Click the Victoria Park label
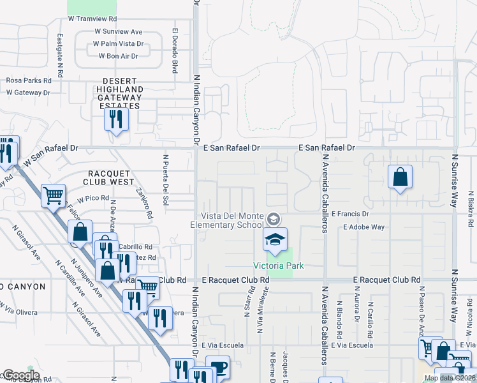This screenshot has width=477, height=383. tap(278, 266)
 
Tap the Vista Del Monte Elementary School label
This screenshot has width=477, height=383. tap(232, 220)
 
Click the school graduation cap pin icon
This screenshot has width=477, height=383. tap(275, 240)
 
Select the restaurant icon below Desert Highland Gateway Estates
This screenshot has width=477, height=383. tap(115, 119)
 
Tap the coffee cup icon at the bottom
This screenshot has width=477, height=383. tap(218, 368)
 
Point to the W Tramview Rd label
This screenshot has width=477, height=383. tap(93, 19)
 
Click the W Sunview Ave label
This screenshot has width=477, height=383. tap(119, 31)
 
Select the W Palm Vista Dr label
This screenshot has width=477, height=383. tap(119, 44)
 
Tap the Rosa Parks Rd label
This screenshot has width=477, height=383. tap(28, 81)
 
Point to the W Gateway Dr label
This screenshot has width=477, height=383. tap(28, 93)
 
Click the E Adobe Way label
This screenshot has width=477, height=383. tap(363, 227)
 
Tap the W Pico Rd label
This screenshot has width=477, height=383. tap(94, 199)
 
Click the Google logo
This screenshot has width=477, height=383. tap(20, 375)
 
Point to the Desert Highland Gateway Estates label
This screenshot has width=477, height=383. tap(121, 93)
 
